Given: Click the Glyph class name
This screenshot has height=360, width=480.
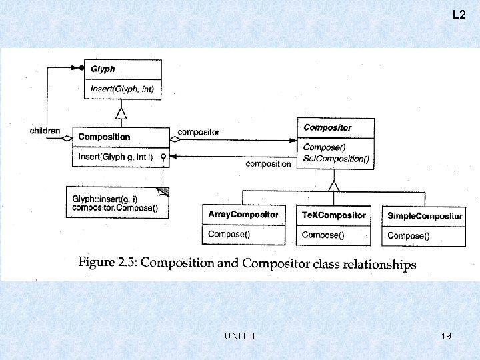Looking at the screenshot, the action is click(x=102, y=69).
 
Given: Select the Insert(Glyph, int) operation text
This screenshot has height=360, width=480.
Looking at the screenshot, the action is click(x=121, y=88).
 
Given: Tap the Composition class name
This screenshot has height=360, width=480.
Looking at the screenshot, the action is click(x=104, y=137).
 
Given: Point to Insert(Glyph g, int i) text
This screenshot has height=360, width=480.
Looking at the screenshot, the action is click(x=115, y=157).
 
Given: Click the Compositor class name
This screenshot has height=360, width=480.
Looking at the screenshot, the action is click(x=327, y=127).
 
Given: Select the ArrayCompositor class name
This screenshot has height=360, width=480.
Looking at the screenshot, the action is click(x=243, y=215).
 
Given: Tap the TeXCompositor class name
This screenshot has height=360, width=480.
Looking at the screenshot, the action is click(x=333, y=215).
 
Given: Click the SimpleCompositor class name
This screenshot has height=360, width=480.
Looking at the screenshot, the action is click(x=425, y=216).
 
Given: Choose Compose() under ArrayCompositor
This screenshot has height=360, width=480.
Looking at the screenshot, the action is click(x=230, y=234).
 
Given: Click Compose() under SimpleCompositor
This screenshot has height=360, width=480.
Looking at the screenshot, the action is click(x=409, y=235).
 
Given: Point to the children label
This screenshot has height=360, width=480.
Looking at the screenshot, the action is click(x=45, y=131).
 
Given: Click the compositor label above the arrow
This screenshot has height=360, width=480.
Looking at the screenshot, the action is click(x=199, y=132).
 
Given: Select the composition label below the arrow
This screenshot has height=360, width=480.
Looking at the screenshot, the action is click(x=268, y=163).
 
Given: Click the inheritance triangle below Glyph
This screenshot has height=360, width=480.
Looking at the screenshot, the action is click(x=121, y=113).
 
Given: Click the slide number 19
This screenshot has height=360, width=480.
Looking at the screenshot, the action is click(x=446, y=336).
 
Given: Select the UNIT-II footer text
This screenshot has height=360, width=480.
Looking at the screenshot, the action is click(x=240, y=336).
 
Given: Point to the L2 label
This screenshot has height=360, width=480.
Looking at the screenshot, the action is click(x=459, y=14).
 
